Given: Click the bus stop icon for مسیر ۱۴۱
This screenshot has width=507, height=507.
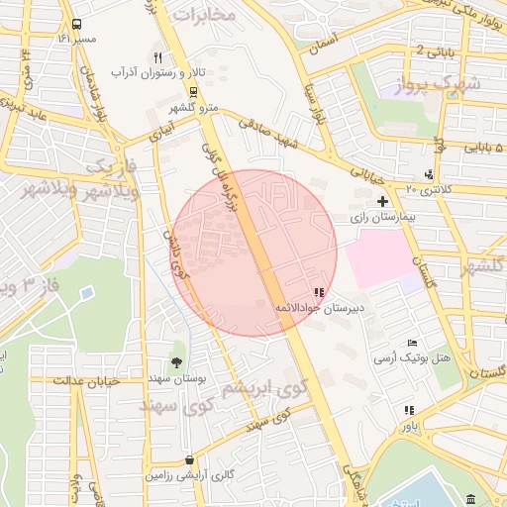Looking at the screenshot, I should [x=77, y=25].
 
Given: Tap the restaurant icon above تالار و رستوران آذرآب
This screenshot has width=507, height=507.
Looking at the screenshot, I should [x=157, y=57].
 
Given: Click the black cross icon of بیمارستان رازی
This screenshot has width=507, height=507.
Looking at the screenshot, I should [x=382, y=201].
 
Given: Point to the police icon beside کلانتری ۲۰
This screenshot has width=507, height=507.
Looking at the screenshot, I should [x=428, y=175].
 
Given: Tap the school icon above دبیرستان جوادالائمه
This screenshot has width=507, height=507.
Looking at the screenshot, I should [x=318, y=293].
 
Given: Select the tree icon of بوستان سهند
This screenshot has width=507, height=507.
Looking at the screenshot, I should [x=177, y=362].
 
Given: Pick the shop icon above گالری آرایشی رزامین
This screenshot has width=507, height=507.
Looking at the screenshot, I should [x=189, y=460].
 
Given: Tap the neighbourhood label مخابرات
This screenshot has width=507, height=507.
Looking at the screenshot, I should [x=204, y=16].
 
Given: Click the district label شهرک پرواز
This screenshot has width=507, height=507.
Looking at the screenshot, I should [x=443, y=84].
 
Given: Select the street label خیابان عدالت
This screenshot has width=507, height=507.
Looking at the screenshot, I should [x=86, y=380].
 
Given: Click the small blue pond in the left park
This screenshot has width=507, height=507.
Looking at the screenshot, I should [x=86, y=294].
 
